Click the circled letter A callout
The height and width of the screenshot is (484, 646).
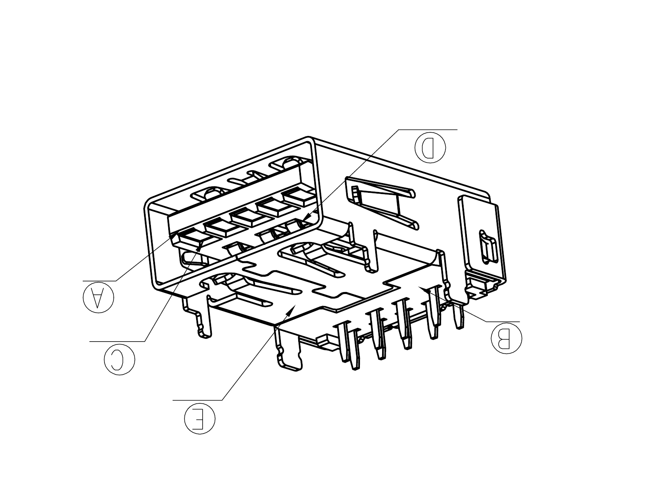[x=98, y=297]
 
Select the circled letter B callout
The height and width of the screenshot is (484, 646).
[x=506, y=338]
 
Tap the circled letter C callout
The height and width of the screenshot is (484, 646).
[x=119, y=359]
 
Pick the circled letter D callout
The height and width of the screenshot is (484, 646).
[x=430, y=148]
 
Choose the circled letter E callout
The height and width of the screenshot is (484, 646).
[x=200, y=419]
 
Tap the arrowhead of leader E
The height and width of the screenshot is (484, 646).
[x=292, y=309]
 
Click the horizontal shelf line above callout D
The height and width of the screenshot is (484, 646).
[x=428, y=130]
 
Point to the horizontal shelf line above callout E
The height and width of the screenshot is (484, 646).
[x=197, y=400]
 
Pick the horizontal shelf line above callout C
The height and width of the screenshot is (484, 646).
[x=117, y=341]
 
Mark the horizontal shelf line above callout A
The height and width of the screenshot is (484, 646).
[x=100, y=281]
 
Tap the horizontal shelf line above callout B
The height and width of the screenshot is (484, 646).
[x=503, y=322]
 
